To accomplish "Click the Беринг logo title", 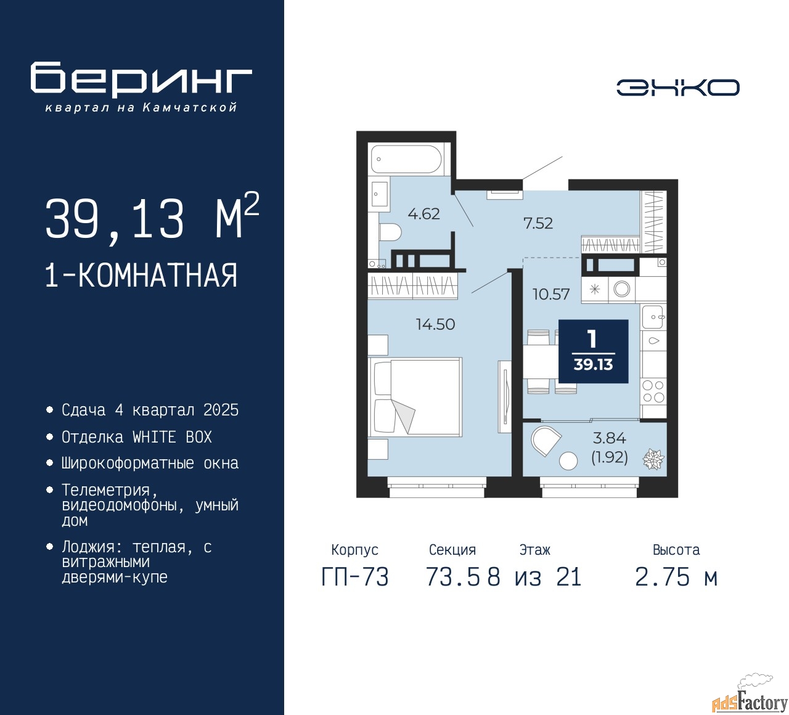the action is click(x=141, y=79).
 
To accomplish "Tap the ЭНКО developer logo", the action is click(x=677, y=88).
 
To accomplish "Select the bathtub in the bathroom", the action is click(x=406, y=159).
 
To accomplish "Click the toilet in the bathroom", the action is click(x=390, y=232).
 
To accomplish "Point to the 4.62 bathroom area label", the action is click(x=423, y=214).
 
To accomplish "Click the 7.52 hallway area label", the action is click(x=538, y=223).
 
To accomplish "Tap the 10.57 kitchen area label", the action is click(x=551, y=294).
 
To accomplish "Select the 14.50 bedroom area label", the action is click(x=435, y=324).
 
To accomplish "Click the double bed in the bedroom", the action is click(x=415, y=396).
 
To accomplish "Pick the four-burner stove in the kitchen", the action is click(x=653, y=392).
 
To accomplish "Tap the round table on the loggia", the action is click(x=568, y=460).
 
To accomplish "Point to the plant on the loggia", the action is click(x=653, y=459).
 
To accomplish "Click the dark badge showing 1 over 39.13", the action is click(x=593, y=351).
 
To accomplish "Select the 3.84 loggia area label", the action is click(x=609, y=438).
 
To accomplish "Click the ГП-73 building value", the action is click(x=355, y=578).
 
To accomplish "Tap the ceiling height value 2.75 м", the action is click(x=676, y=578).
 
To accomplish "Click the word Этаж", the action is click(x=534, y=550).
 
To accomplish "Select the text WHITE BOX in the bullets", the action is click(x=172, y=437).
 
